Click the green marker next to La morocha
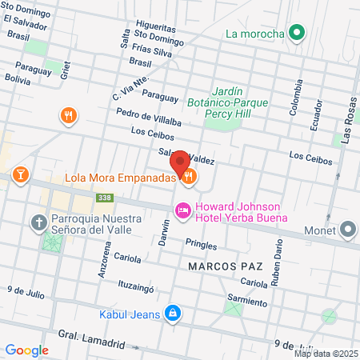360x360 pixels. [x=297, y=34]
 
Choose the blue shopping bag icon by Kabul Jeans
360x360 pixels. [x=171, y=313]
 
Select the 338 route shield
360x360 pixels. [x=104, y=197]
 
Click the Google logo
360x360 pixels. [x=26, y=350]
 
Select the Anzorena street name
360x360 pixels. [x=102, y=260]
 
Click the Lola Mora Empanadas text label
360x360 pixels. [x=119, y=178]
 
